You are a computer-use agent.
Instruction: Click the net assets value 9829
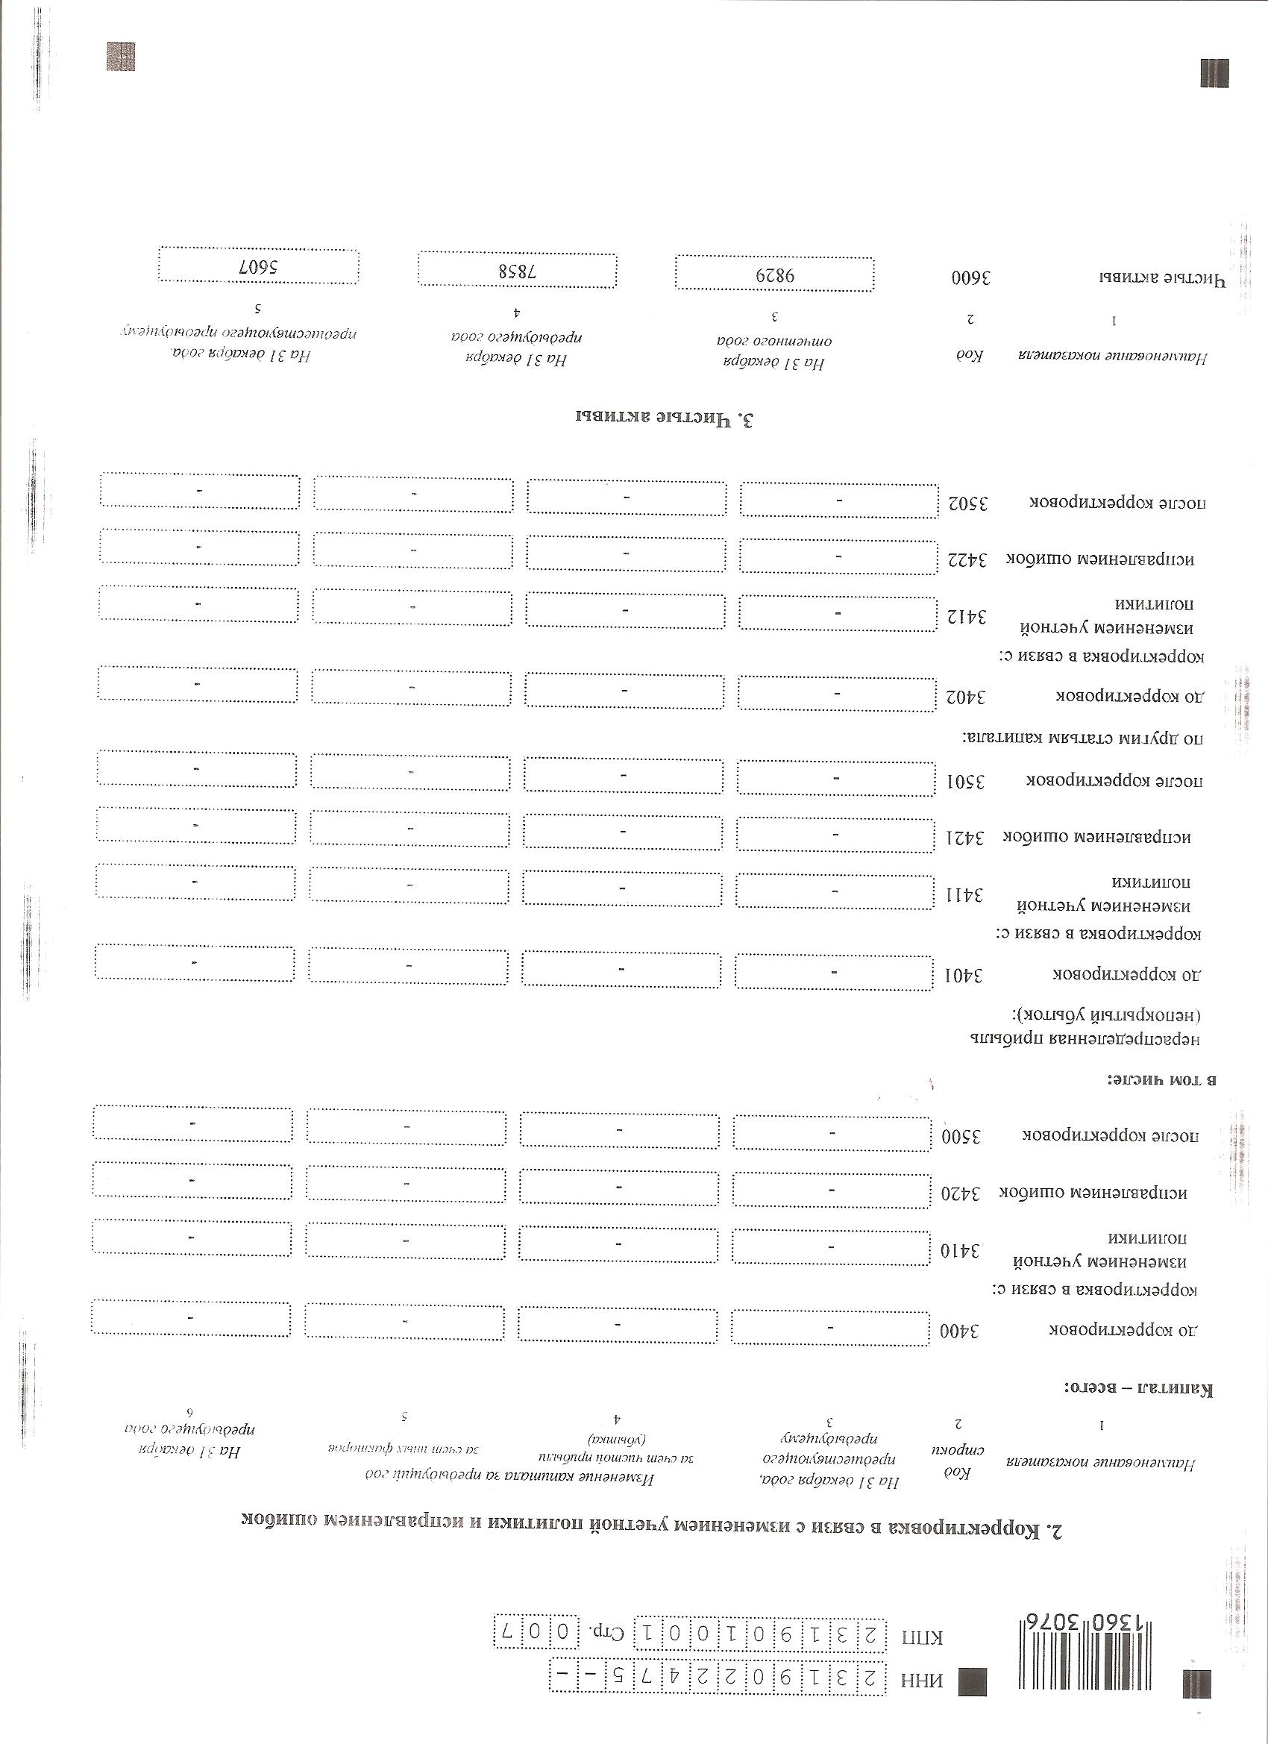coord(774,275)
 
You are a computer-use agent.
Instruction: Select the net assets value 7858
coord(517,272)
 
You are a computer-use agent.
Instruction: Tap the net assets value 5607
coord(257,268)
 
